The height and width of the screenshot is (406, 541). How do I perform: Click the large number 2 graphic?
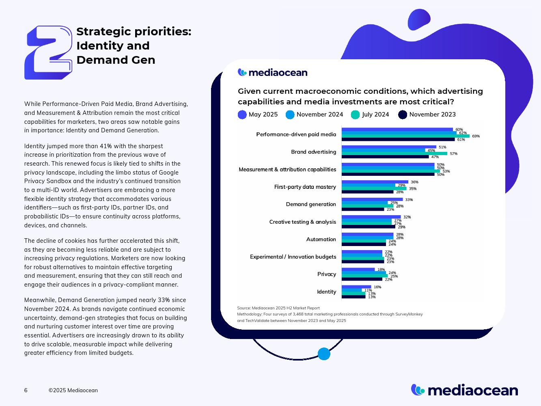pyautogui.click(x=48, y=52)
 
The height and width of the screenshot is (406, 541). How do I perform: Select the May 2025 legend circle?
pyautogui.click(x=242, y=115)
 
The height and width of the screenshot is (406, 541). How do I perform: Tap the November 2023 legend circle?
pyautogui.click(x=403, y=115)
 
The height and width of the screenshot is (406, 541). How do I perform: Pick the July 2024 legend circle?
pyautogui.click(x=356, y=115)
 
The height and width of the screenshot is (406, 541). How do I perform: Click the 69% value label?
pyautogui.click(x=476, y=136)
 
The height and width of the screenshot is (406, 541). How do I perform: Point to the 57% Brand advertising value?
pyautogui.click(x=453, y=154)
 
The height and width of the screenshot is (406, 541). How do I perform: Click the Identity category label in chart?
pyautogui.click(x=326, y=292)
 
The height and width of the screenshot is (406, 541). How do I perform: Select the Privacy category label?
pyautogui.click(x=326, y=274)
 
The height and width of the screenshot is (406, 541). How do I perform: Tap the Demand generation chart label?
pyautogui.click(x=311, y=205)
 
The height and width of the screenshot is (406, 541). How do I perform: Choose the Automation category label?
pyautogui.click(x=321, y=240)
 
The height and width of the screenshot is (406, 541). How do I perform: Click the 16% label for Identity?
pyautogui.click(x=377, y=287)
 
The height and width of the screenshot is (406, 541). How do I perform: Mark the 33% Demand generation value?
pyautogui.click(x=409, y=200)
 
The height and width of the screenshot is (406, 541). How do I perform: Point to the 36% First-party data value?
pyautogui.click(x=414, y=182)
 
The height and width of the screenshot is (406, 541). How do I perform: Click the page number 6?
pyautogui.click(x=26, y=391)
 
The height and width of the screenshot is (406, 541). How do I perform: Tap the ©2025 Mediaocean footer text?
pyautogui.click(x=73, y=391)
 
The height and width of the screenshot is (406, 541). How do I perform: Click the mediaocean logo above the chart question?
pyautogui.click(x=272, y=73)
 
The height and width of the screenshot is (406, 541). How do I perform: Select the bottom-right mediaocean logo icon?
pyautogui.click(x=418, y=390)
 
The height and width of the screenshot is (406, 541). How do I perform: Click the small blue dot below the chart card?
pyautogui.click(x=324, y=354)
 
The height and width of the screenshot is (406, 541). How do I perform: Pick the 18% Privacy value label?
pyautogui.click(x=381, y=270)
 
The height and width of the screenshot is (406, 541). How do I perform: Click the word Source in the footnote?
pyautogui.click(x=244, y=308)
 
